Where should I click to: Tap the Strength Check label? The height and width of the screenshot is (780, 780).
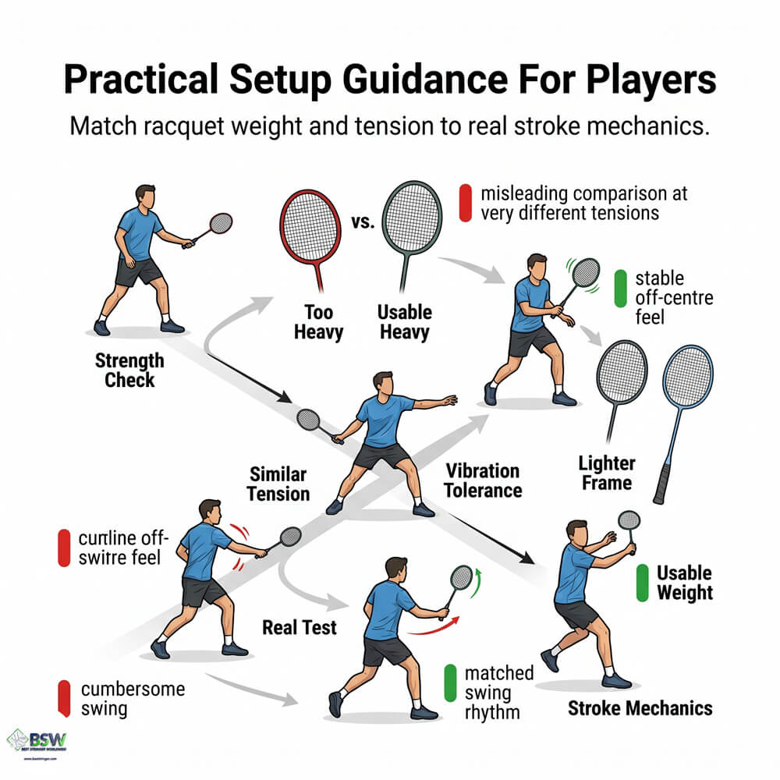click(129, 370)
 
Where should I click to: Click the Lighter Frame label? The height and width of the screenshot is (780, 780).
click(607, 473)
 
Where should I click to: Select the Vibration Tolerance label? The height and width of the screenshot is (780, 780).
click(483, 480)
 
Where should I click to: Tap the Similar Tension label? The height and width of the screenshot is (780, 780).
click(279, 484)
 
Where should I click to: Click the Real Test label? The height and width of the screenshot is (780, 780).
click(300, 626)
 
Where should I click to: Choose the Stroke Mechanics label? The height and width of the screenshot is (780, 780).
click(640, 708)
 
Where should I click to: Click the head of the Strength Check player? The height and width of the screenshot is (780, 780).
click(144, 195)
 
